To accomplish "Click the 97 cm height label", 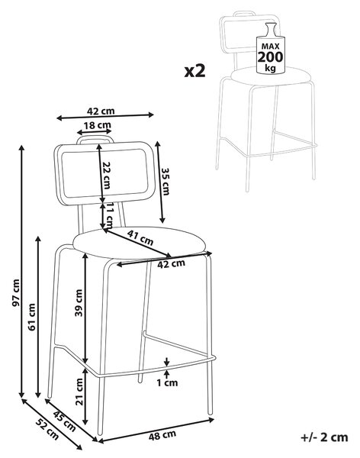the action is click(16, 293).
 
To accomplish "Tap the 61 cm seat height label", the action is click(31, 317).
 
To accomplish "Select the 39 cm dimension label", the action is click(79, 303).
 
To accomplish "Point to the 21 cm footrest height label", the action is click(79, 392).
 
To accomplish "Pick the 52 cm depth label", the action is click(47, 429).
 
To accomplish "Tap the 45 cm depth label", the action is click(65, 421).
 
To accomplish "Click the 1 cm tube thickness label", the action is click(167, 382).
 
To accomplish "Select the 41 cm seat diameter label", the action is click(140, 237).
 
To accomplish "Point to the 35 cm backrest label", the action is click(166, 182).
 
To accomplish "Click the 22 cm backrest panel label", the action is click(106, 176).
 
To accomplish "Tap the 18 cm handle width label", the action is click(97, 125).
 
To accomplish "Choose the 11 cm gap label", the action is click(108, 216).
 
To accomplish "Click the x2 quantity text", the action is click(194, 71).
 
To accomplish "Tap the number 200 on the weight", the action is click(270, 57).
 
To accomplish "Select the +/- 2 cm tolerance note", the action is click(324, 437).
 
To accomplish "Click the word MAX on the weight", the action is click(270, 46).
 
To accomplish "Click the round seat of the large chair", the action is click(140, 243).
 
